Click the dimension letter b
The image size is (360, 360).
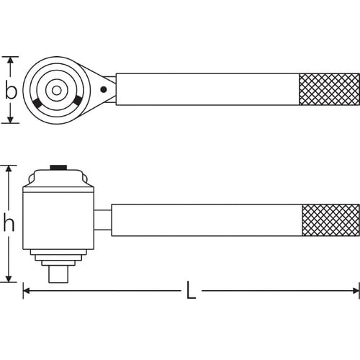click(x=11, y=90)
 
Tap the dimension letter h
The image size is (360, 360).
click(x=9, y=224)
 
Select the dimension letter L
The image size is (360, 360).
click(x=191, y=291)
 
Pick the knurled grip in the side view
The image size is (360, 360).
click(x=330, y=220)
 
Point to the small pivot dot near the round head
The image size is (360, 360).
click(x=104, y=90)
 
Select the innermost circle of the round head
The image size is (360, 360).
click(x=55, y=90)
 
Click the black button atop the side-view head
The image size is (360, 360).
click(x=58, y=168)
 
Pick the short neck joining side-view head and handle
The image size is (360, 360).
click(x=103, y=220)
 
